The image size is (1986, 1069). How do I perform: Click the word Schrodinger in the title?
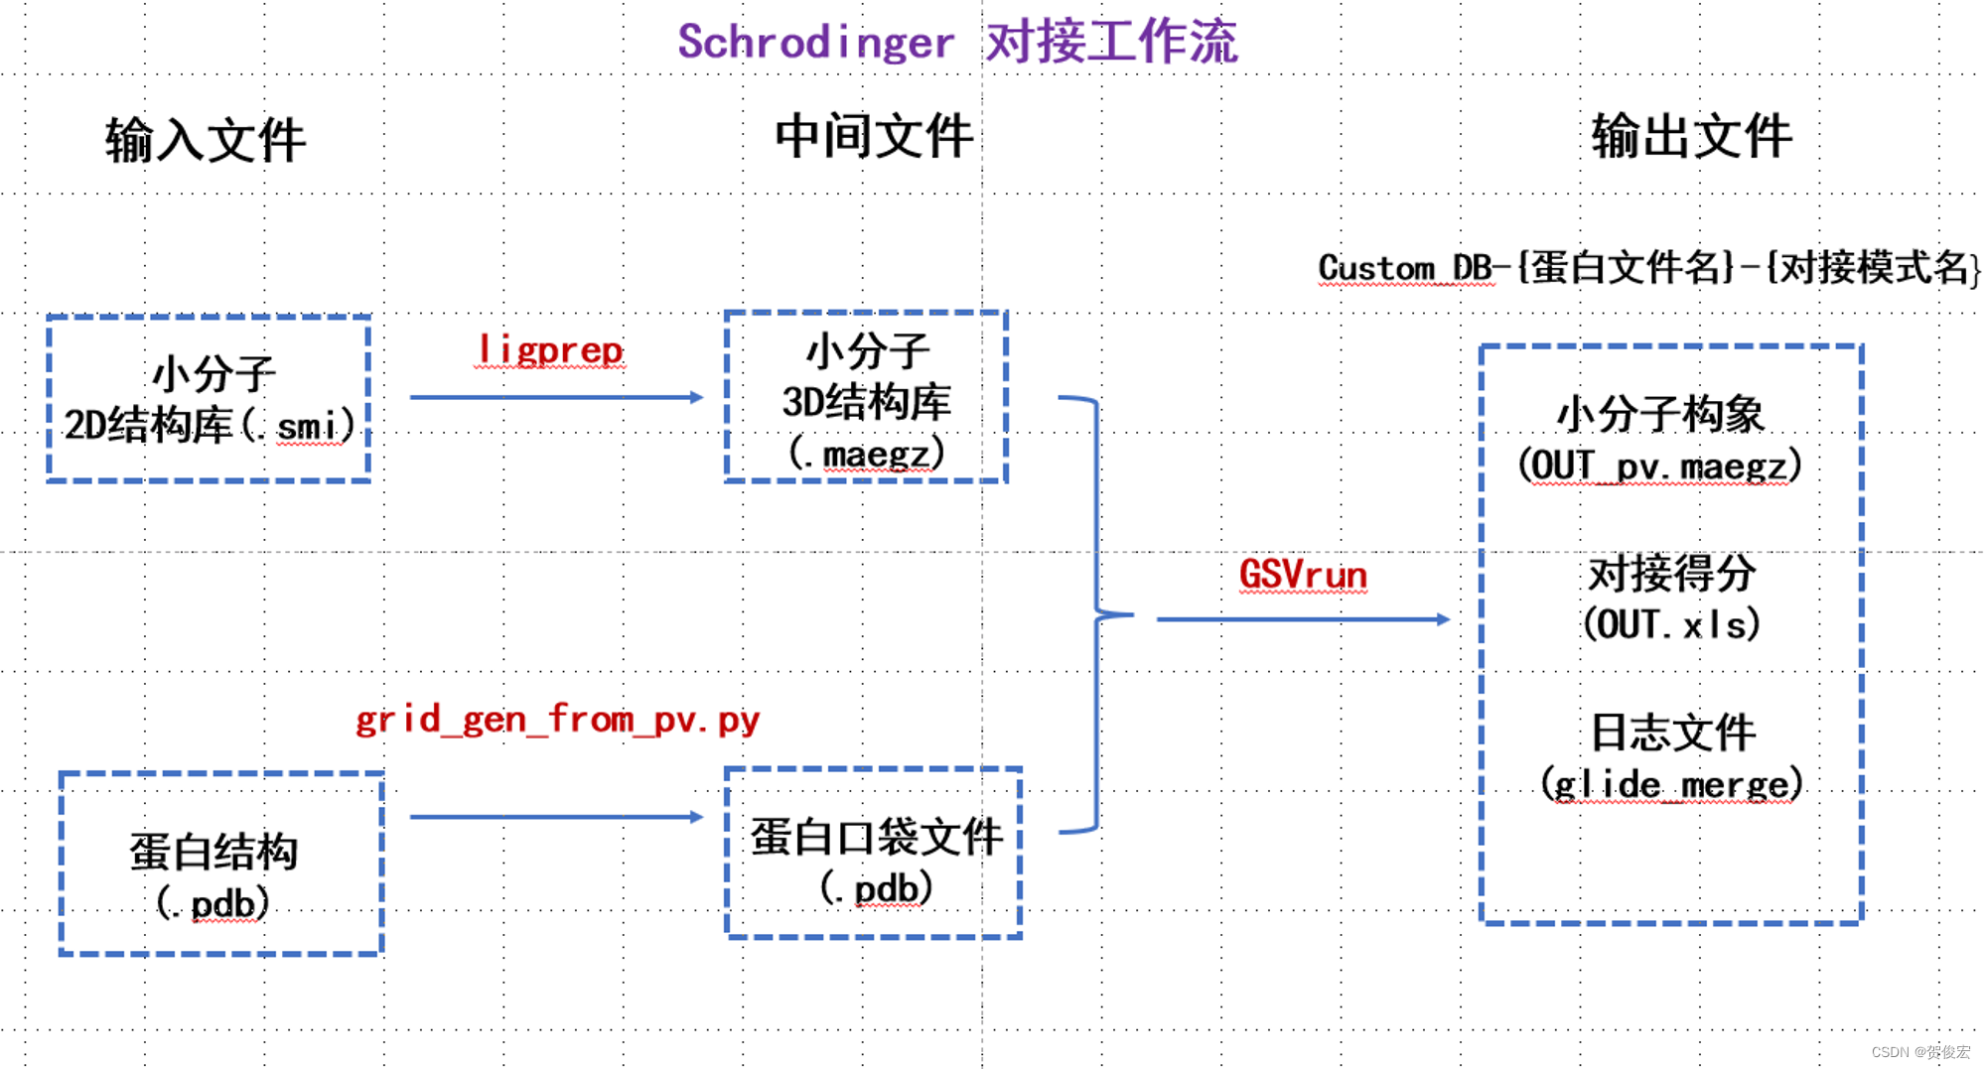point(815,43)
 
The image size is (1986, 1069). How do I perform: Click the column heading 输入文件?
point(206,140)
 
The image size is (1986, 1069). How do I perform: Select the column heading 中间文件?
point(873,136)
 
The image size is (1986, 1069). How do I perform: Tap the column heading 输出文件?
point(1691,136)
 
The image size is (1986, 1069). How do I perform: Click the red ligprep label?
point(550,349)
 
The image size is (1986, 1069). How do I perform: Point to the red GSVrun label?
point(1303,575)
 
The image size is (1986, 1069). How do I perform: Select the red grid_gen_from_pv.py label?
point(557,719)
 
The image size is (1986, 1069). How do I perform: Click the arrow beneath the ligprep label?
point(556,397)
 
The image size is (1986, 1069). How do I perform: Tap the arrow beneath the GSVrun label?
point(1303,619)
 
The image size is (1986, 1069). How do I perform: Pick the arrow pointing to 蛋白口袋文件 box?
point(556,817)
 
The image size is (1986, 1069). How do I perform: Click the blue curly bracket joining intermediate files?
point(1097,615)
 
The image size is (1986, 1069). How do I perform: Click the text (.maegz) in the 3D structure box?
point(866,455)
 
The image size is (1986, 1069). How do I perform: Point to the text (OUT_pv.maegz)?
point(1659,466)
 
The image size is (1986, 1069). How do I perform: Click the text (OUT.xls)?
point(1671,624)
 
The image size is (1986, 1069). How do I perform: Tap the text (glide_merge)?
point(1671,784)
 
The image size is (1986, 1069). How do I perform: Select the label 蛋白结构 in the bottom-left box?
point(213,852)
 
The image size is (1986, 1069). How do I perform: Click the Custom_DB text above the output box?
point(1405,268)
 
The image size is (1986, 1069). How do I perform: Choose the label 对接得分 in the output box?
point(1671,574)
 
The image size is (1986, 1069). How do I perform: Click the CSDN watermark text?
point(1919,1052)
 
